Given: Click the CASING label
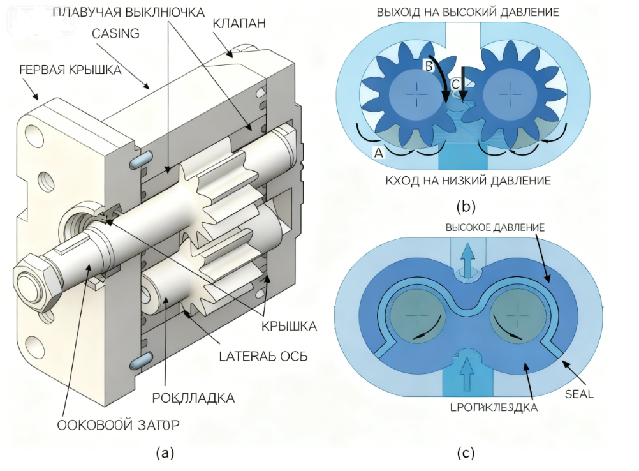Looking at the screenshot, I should [115, 33].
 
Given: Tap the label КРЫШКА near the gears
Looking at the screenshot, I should [289, 326].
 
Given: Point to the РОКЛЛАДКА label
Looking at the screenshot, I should [193, 398].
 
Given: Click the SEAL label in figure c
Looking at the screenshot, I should [579, 394].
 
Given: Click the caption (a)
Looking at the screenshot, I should [165, 453].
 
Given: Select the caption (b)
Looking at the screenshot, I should [466, 206].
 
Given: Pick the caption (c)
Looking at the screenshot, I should [466, 453].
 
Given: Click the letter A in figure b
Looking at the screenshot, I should [379, 152].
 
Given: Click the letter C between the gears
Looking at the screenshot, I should [455, 84].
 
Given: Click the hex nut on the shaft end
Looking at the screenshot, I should [33, 280].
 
